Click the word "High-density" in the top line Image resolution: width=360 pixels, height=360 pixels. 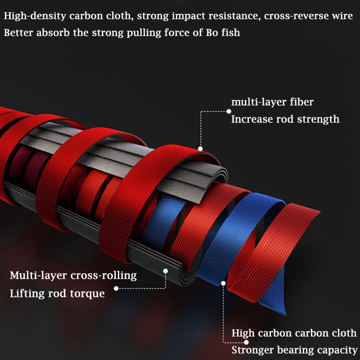click(35, 16)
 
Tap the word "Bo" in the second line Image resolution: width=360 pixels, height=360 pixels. click(211, 32)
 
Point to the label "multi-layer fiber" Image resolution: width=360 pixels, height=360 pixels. click(272, 102)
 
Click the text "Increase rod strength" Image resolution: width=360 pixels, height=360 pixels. click(285, 119)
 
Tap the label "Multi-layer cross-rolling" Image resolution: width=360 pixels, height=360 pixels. click(73, 275)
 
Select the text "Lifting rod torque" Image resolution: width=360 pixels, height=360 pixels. click(57, 294)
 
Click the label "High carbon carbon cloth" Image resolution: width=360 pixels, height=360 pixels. click(294, 333)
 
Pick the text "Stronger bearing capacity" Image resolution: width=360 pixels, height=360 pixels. click(295, 351)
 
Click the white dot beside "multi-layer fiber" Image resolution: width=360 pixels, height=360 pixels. click(229, 111)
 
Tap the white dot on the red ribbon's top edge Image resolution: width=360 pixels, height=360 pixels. click(200, 149)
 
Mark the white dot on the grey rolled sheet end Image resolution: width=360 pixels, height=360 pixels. click(165, 271)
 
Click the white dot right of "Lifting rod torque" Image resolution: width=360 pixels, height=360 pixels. click(116, 288)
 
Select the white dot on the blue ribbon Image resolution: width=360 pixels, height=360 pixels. click(223, 283)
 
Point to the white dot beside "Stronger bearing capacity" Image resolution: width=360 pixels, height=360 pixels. click(246, 342)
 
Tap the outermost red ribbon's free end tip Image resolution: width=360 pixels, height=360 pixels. click(319, 212)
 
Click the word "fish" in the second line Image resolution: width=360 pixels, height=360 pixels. click(231, 32)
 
